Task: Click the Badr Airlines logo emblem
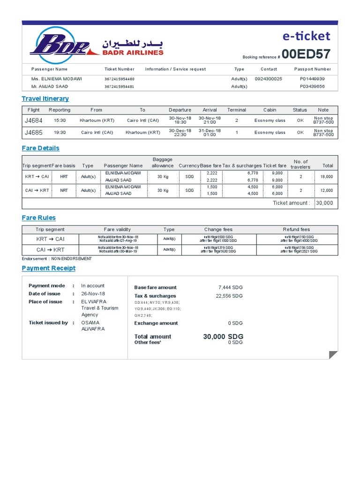[x=59, y=45]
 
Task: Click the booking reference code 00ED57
[x=306, y=54]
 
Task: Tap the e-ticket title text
[x=307, y=36]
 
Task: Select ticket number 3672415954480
[x=119, y=79]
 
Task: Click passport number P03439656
[x=312, y=87]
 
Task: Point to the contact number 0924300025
[x=268, y=79]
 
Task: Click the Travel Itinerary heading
[x=45, y=98]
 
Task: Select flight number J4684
[x=33, y=120]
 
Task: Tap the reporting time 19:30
[x=60, y=133]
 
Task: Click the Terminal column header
[x=236, y=110]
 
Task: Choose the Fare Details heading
[x=41, y=148]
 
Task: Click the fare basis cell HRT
[x=64, y=177]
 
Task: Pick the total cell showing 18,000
[x=326, y=177]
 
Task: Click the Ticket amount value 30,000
[x=324, y=203]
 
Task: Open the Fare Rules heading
[x=39, y=217]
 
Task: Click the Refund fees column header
[x=296, y=230]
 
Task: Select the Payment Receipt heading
[x=49, y=268]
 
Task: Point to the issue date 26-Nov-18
[x=93, y=294]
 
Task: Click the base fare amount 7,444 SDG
[x=230, y=287]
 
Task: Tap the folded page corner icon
[x=333, y=355]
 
